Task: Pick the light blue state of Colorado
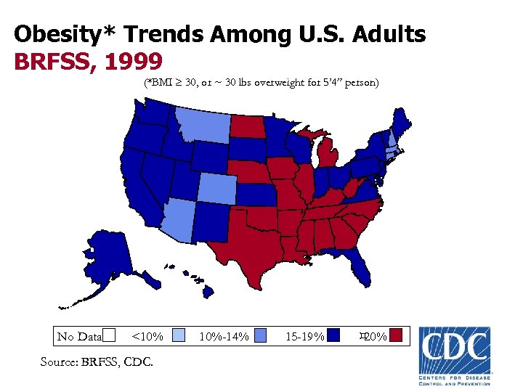216,189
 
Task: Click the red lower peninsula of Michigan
331,158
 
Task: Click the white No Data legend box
109,335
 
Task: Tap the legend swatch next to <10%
179,335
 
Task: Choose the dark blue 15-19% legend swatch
333,335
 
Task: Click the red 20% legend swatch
396,335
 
